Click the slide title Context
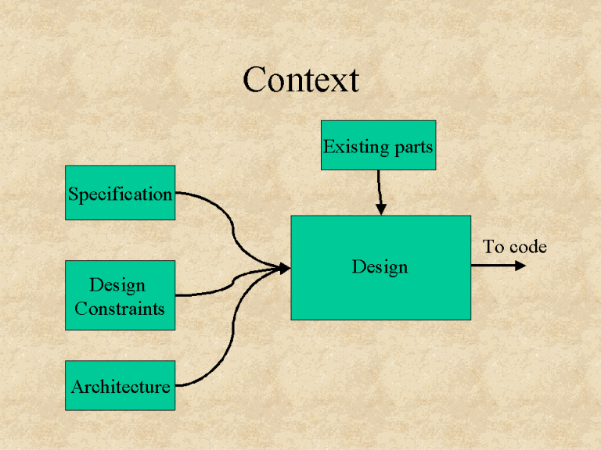coord(300,80)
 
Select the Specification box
coord(120,192)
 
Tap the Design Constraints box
coord(120,295)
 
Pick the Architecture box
coord(120,385)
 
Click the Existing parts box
coord(378,145)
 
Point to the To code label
coord(514,248)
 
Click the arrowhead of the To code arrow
coord(520,266)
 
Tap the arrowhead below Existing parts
coord(381,209)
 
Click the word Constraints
coord(120,309)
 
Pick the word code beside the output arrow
coord(527,248)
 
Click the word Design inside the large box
coord(380,267)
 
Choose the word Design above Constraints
coord(117,285)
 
